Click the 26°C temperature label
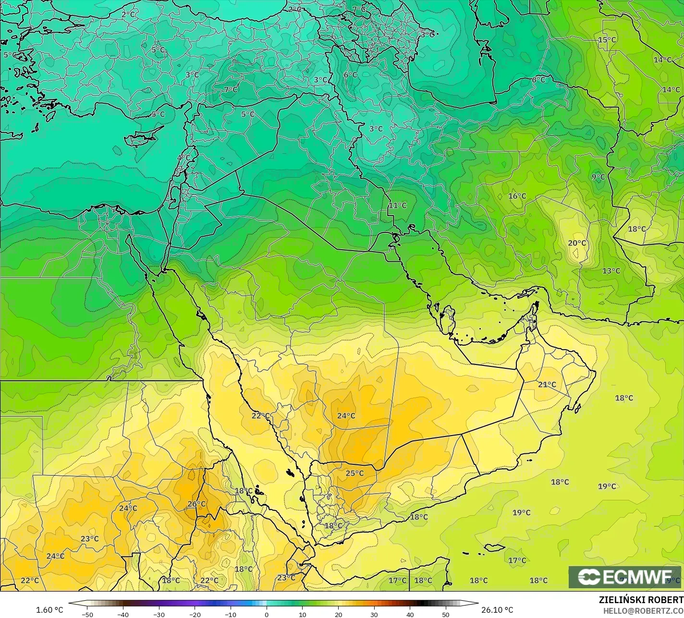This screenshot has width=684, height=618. (x=196, y=504)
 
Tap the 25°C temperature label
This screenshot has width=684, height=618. (x=354, y=473)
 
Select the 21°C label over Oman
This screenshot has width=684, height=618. (x=547, y=384)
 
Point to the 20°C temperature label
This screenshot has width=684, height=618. (x=577, y=243)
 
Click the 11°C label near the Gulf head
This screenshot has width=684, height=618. (x=397, y=205)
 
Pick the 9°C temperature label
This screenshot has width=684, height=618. (x=598, y=177)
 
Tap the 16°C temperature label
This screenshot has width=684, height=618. (x=517, y=196)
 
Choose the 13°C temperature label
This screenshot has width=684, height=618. (x=611, y=271)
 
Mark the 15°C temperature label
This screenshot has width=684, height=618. (x=607, y=39)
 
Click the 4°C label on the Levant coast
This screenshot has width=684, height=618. (x=183, y=158)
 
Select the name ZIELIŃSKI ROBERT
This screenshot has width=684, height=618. (x=641, y=600)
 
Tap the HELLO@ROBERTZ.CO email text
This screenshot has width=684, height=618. (x=644, y=610)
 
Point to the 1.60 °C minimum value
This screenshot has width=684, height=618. (x=49, y=610)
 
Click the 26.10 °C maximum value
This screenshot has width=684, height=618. (x=497, y=610)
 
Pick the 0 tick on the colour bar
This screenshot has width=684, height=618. (x=267, y=614)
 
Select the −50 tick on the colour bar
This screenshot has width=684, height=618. (x=87, y=614)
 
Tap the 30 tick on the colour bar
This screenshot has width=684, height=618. (x=374, y=614)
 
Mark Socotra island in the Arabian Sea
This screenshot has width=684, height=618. (x=494, y=547)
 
